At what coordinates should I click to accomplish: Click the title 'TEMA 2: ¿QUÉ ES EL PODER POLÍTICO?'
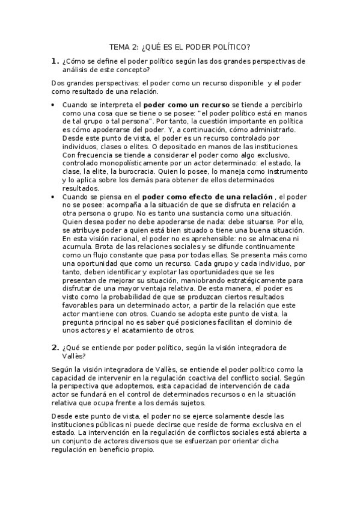pyautogui.click(x=180, y=46)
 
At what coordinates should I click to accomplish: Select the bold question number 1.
pyautogui.click(x=55, y=61)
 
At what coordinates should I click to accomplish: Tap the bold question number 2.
pyautogui.click(x=55, y=347)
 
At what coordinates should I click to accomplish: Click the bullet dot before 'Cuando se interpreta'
pyautogui.click(x=53, y=105)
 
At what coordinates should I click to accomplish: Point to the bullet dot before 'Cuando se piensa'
pyautogui.click(x=53, y=197)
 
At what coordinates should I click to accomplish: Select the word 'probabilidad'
pyautogui.click(x=136, y=296)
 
